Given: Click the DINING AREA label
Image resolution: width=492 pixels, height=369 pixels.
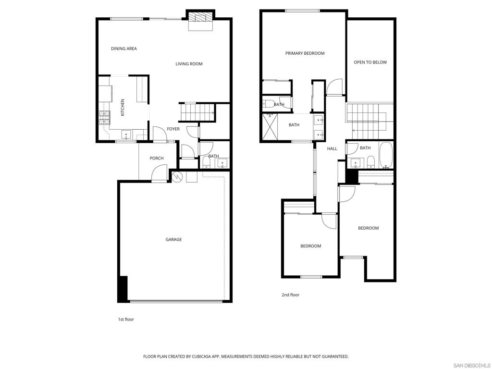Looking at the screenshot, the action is click(124, 49).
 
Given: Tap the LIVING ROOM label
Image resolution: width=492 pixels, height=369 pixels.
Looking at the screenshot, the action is click(189, 64).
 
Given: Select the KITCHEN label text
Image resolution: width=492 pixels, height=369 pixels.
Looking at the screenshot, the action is click(123, 107).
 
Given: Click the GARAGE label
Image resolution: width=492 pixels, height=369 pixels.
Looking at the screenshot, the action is click(173, 240).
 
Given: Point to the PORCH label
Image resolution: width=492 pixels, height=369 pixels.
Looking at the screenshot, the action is click(157, 158).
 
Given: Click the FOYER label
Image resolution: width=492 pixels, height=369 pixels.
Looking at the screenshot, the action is click(173, 129).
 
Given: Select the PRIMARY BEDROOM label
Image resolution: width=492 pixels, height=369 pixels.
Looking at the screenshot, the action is click(305, 53).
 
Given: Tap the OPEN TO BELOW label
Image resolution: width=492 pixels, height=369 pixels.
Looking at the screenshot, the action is click(370, 62).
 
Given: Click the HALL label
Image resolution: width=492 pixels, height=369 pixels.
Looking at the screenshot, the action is click(332, 149).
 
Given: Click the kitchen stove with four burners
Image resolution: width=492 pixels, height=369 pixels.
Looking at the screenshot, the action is click(105, 118).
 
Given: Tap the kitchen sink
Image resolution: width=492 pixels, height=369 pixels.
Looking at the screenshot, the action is click(126, 135).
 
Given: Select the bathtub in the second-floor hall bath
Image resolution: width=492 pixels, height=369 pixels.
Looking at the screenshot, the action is click(386, 155).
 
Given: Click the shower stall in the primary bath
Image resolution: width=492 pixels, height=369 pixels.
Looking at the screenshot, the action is click(270, 127).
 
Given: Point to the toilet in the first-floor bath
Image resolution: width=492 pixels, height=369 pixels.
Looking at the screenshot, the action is click(207, 162).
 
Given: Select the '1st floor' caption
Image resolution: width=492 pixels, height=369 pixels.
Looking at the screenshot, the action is click(126, 320).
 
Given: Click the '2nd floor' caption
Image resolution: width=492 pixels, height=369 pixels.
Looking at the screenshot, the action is click(291, 295).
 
